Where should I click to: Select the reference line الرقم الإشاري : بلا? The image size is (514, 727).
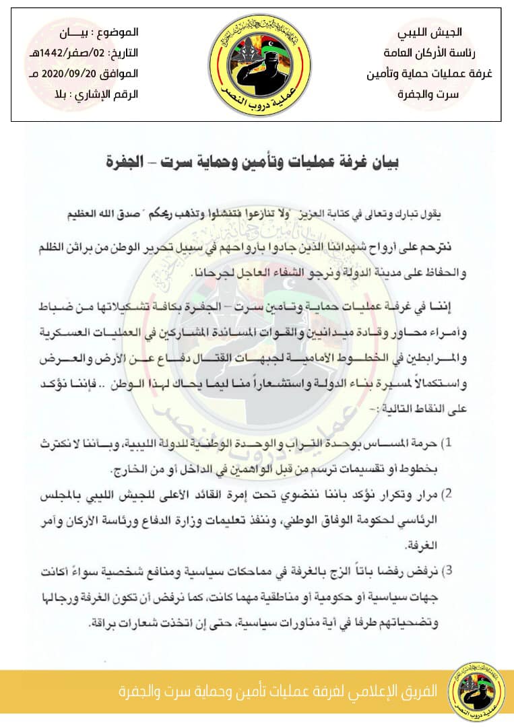tap(95, 94)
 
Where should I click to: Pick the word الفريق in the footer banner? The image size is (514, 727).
tap(420, 691)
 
